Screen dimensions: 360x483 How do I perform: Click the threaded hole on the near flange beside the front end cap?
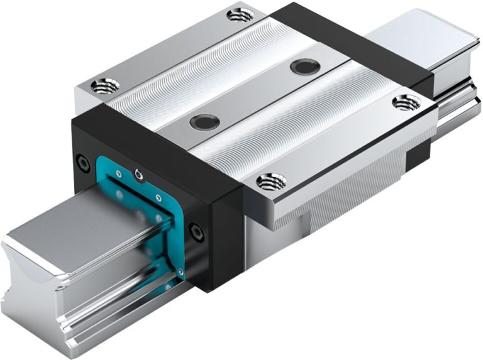272,182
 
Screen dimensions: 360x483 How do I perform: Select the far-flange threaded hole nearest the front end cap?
100,85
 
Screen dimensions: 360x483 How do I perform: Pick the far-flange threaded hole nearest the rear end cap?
241,14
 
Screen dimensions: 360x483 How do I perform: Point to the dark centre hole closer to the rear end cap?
305,66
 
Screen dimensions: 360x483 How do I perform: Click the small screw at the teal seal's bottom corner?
180,272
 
